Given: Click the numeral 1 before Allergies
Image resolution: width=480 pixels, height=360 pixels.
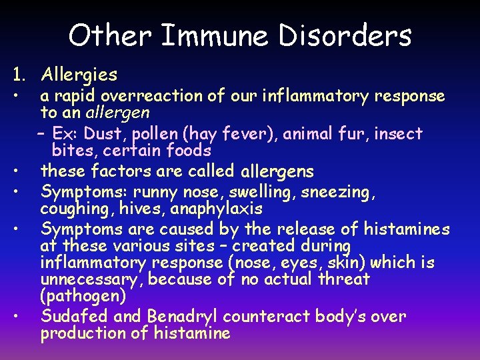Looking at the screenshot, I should click(14, 75).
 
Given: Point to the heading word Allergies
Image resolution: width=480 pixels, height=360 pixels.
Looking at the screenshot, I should click(79, 75).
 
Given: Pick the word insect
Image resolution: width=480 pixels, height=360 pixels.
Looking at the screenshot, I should click(399, 134).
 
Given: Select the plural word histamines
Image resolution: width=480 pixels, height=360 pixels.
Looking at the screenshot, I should click(407, 229).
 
